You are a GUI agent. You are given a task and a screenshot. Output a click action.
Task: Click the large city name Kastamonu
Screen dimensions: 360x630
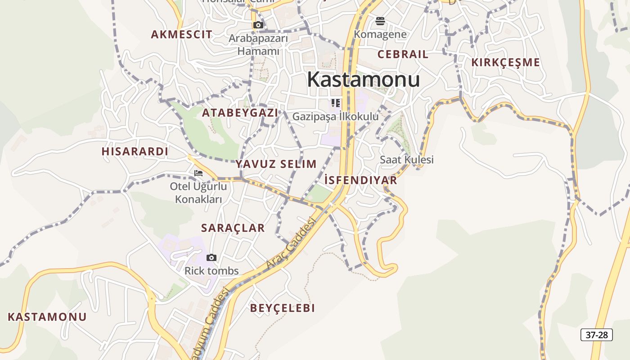point(363,80)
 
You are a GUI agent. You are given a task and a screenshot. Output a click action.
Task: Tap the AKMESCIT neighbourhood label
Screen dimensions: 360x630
point(181,35)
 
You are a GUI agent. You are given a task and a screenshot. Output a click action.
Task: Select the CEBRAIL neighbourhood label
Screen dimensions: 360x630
point(403,54)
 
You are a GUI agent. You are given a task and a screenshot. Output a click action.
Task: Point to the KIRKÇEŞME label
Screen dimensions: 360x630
point(505,63)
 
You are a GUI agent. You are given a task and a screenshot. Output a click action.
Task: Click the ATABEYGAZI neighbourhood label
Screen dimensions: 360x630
point(240,113)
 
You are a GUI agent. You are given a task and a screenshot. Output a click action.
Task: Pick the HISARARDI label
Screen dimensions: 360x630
point(135,152)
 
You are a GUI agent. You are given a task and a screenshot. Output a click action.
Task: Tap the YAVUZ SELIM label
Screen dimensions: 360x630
point(276,164)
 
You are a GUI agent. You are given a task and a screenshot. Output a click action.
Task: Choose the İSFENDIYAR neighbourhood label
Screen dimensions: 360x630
point(360,180)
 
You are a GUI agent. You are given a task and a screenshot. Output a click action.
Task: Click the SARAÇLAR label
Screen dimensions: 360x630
point(233,228)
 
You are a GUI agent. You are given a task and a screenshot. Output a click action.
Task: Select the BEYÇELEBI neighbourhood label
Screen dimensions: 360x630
point(282,308)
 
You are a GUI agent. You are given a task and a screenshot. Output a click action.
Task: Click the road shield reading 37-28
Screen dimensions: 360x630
point(597,335)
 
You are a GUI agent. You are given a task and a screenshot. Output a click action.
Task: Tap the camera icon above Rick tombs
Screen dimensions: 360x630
point(211,258)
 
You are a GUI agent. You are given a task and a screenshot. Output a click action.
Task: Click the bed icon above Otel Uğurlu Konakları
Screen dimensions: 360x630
point(198,173)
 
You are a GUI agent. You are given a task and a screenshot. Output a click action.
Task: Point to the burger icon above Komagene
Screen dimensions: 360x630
point(380,21)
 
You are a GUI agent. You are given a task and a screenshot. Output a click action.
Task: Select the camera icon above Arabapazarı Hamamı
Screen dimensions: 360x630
point(258,25)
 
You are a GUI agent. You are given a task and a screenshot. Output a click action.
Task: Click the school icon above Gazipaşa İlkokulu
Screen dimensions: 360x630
point(336,103)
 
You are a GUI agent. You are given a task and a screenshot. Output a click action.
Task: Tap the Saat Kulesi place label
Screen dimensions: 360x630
point(406,160)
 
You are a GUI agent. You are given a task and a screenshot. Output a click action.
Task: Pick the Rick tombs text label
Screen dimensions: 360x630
point(211,271)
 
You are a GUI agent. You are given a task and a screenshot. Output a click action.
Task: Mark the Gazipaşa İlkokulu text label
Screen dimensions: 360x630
point(336,117)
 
